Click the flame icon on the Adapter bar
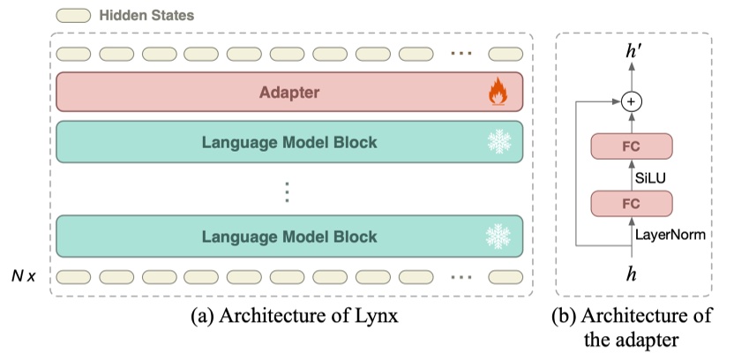500,92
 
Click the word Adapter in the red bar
289,92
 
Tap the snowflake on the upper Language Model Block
499,142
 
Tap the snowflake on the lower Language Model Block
499,236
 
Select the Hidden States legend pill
74,15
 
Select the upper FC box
631,146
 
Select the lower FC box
631,203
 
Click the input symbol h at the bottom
631,274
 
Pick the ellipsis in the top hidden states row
461,54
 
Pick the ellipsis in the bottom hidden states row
461,276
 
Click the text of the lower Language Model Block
289,236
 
